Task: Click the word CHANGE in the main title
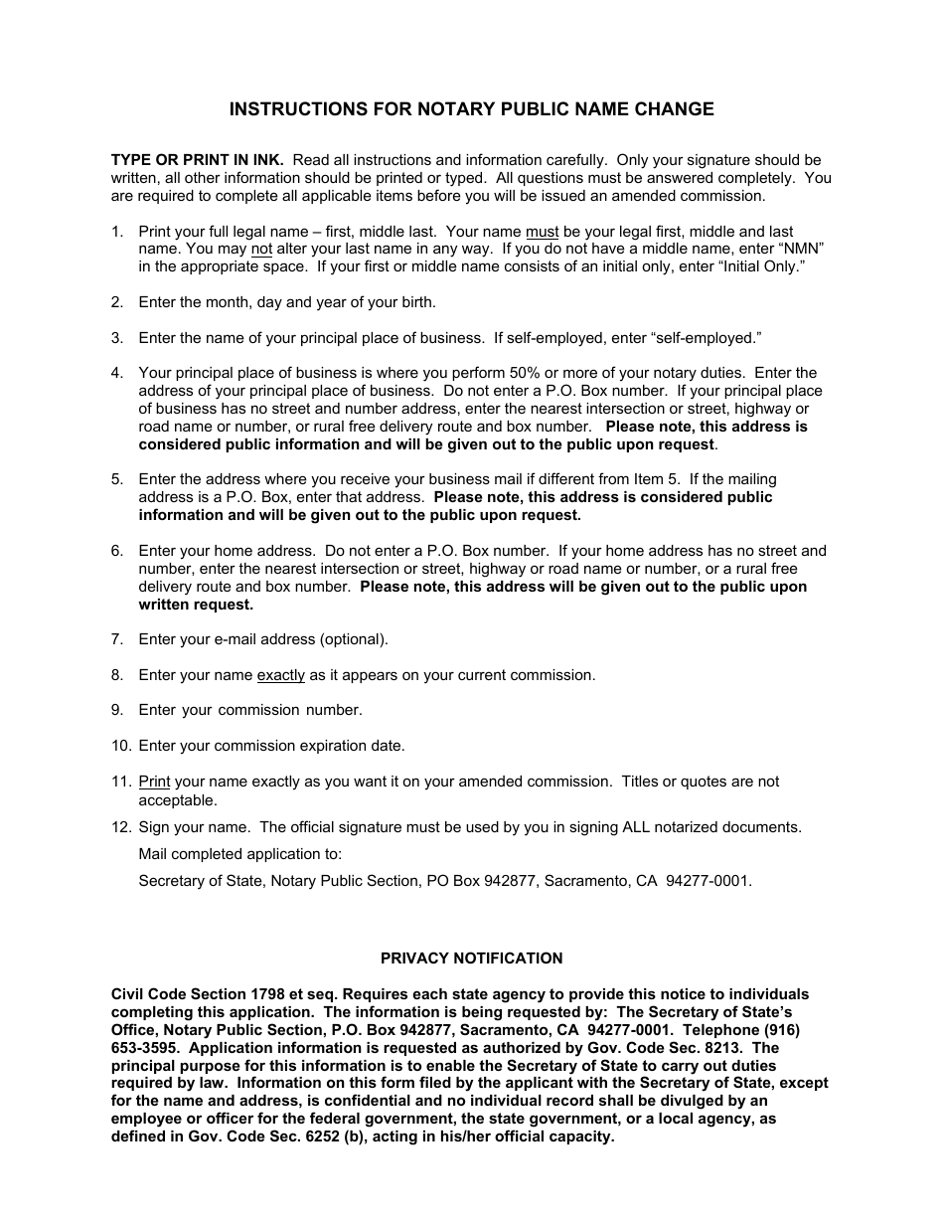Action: tap(669, 109)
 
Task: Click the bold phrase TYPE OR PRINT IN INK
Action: tap(197, 160)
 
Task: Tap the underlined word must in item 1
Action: tap(542, 232)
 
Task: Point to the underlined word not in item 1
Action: tap(261, 250)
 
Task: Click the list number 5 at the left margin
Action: tap(117, 480)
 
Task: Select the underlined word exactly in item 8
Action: tap(281, 675)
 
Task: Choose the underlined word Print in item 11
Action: tap(154, 782)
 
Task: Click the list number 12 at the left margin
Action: tap(120, 827)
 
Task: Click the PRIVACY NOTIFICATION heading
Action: tap(472, 959)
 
